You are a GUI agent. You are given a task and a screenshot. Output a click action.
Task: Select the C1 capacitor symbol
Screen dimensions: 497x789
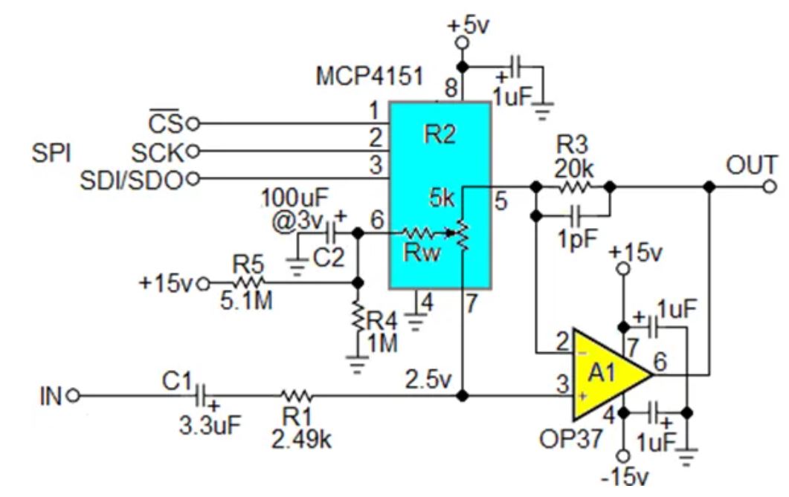coord(202,396)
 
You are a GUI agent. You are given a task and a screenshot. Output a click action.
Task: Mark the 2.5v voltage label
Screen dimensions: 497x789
coord(428,380)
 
